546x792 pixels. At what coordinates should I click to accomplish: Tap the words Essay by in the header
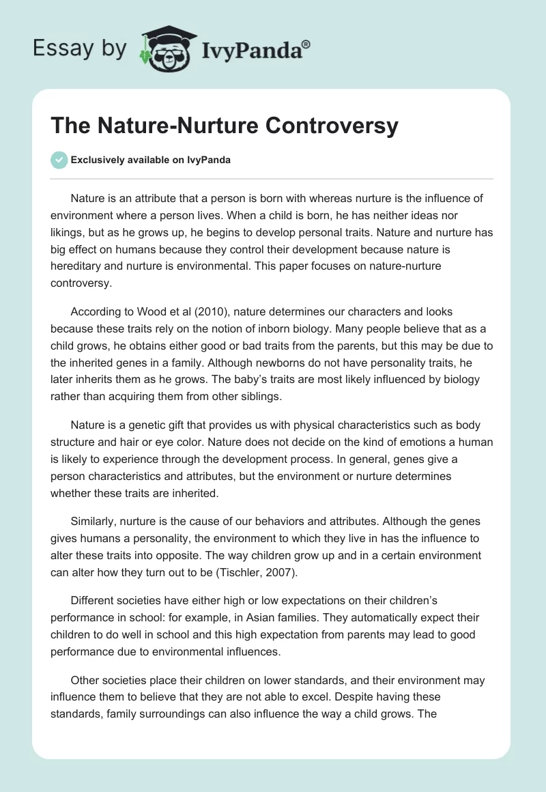81,48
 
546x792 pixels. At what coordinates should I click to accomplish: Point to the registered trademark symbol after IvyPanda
306,44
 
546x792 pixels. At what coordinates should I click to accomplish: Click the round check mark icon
59,160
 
